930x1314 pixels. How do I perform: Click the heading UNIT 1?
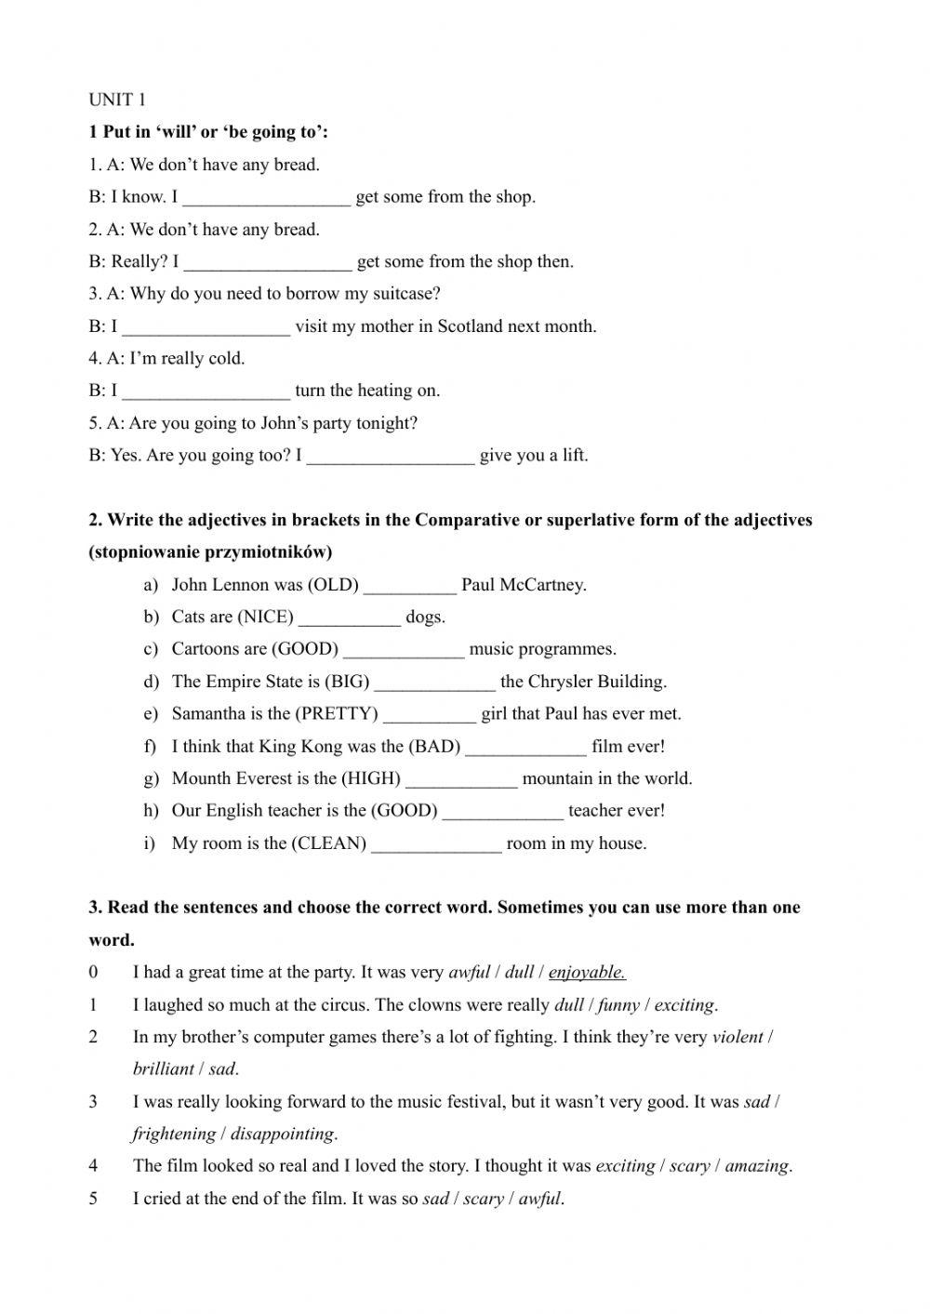tap(117, 100)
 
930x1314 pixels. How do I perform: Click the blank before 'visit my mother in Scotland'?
tap(206, 327)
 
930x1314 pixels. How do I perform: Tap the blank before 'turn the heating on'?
tap(206, 392)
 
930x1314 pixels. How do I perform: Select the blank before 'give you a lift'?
tap(391, 457)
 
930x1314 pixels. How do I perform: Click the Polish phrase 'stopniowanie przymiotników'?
tap(210, 552)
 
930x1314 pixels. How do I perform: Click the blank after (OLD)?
tap(410, 586)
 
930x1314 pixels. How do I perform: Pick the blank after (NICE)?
tap(350, 617)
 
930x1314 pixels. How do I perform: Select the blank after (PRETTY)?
tap(430, 715)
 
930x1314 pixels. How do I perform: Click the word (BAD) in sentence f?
tap(434, 746)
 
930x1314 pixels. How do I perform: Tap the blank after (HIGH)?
tap(461, 779)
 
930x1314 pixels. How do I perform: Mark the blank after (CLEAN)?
tap(436, 844)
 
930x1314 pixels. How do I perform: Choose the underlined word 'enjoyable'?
tap(586, 973)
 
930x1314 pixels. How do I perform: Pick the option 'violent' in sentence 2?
tap(737, 1037)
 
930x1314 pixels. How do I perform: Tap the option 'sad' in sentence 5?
tap(435, 1199)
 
